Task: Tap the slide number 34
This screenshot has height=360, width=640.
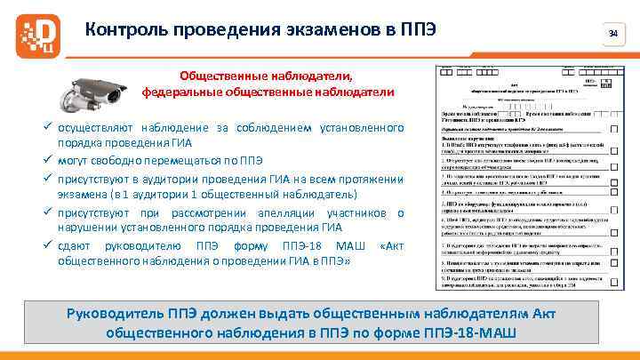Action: click(x=612, y=33)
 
